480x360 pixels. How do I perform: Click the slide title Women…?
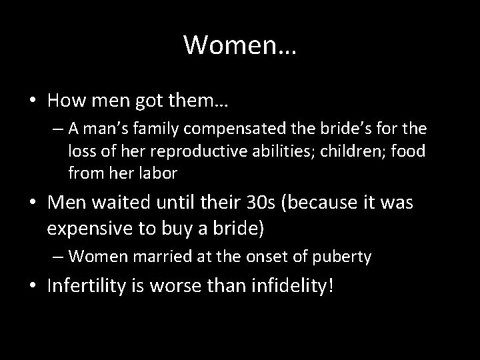240,45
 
